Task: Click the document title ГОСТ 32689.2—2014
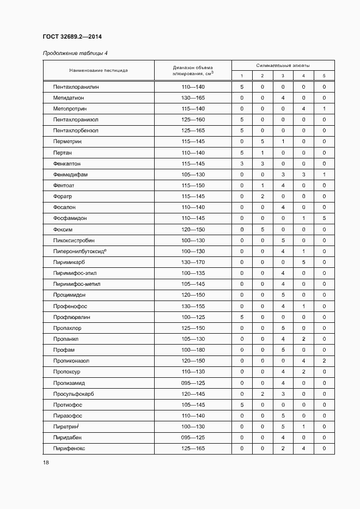click(72, 37)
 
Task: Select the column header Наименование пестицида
click(99, 70)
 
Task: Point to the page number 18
click(46, 462)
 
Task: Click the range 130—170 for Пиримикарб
click(193, 262)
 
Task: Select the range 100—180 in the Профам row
click(193, 349)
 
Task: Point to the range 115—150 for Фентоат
click(193, 185)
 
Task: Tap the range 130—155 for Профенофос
click(193, 306)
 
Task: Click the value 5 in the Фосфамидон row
click(324, 218)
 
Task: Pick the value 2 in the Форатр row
click(262, 196)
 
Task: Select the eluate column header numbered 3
click(283, 76)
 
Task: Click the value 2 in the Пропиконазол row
click(324, 360)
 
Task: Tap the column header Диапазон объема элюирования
click(193, 70)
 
